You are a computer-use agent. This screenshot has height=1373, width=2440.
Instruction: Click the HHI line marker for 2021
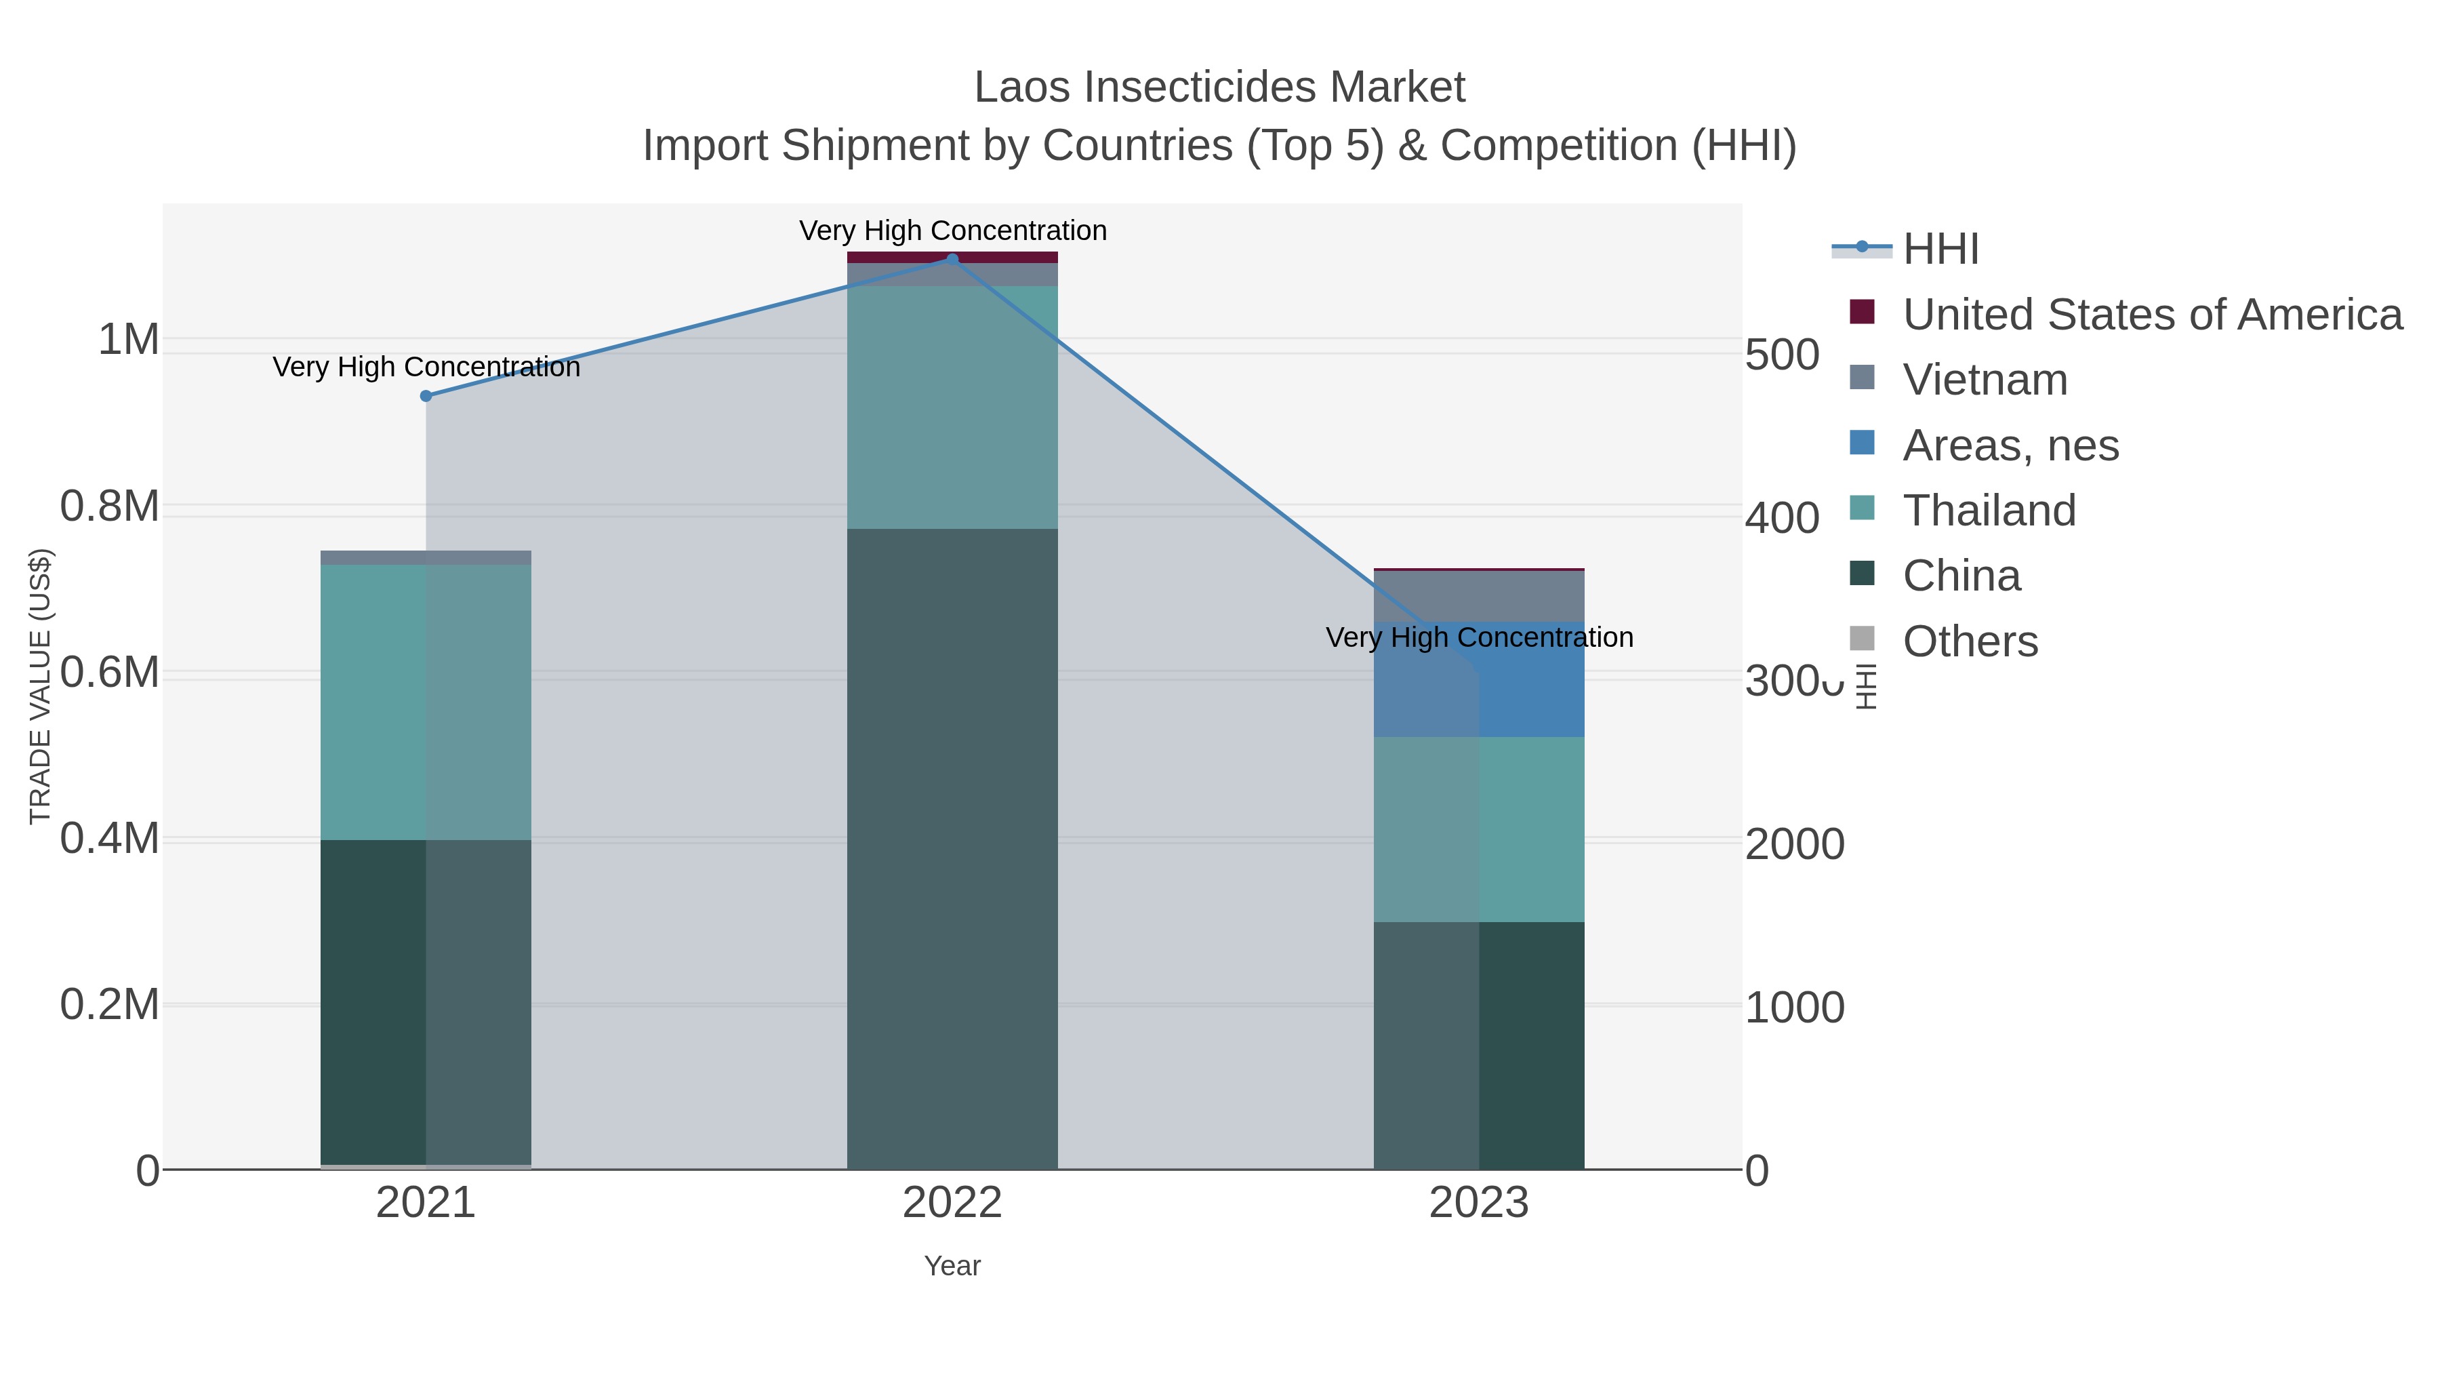[426, 396]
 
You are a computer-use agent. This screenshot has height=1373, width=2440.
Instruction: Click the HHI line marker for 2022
[953, 260]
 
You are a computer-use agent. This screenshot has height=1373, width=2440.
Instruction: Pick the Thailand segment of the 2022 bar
[952, 407]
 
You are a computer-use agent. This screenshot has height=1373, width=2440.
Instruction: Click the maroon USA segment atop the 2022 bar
[952, 257]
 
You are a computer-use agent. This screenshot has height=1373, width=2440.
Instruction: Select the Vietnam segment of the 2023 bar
[1479, 596]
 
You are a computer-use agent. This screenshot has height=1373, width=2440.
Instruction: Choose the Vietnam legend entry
[1985, 380]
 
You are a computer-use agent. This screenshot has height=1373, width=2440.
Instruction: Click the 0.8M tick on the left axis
[110, 506]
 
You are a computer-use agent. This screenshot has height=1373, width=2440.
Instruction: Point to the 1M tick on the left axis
[129, 339]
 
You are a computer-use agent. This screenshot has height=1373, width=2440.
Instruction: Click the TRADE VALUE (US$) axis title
[41, 686]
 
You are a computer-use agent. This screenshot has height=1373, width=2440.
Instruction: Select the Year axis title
[952, 1266]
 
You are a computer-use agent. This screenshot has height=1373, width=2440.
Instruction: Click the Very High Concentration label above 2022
[952, 231]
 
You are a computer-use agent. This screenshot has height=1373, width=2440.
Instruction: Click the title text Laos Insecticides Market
[1219, 87]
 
